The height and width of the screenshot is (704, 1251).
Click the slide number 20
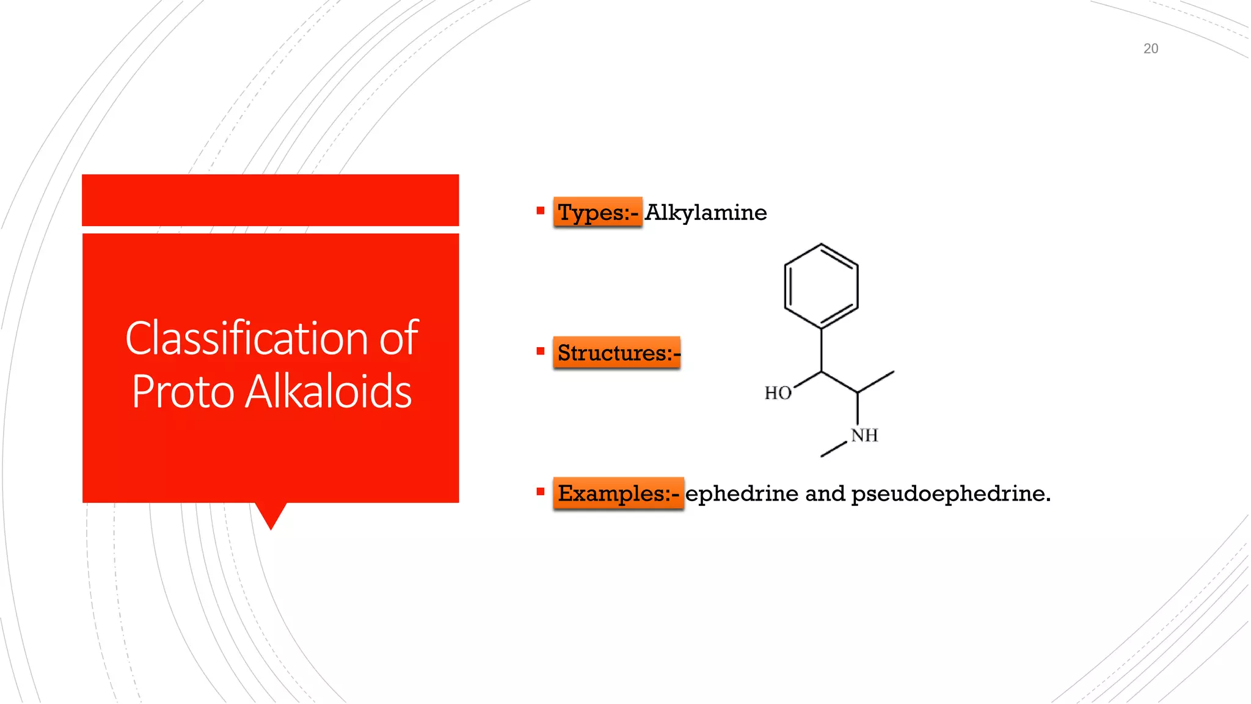pos(1150,49)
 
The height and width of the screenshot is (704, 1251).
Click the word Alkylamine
pos(706,213)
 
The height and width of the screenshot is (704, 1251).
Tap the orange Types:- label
pos(597,213)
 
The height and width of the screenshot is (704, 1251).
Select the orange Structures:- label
pos(617,353)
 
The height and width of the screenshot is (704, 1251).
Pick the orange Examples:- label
pos(618,493)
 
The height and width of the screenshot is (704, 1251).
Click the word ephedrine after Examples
pos(742,494)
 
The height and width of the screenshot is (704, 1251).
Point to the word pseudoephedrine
pos(950,494)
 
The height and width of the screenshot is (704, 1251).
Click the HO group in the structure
pos(778,393)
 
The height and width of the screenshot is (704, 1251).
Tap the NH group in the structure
pos(864,436)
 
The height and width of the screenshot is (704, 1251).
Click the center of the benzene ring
pos(821,286)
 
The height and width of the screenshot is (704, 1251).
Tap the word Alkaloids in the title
pos(329,391)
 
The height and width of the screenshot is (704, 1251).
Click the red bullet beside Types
pos(540,211)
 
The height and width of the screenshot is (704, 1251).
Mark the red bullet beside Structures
pos(540,351)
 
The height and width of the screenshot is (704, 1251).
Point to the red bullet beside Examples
pos(540,491)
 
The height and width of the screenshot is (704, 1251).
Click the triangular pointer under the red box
pos(271,515)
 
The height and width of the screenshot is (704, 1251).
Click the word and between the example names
pos(825,494)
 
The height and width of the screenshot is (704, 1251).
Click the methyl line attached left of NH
pos(834,449)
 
